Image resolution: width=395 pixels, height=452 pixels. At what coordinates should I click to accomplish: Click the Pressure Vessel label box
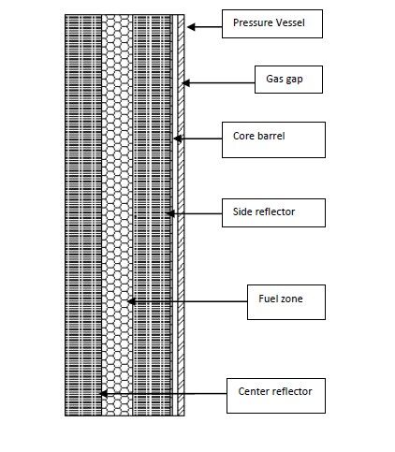click(272, 23)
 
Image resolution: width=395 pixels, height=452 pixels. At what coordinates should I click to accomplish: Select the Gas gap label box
click(288, 80)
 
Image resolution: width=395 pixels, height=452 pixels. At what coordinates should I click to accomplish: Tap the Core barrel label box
click(273, 139)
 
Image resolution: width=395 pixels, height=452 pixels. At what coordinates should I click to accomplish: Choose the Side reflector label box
click(273, 212)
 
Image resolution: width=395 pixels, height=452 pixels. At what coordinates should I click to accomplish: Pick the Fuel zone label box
click(286, 302)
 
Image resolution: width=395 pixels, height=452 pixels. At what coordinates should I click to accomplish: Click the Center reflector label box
click(276, 396)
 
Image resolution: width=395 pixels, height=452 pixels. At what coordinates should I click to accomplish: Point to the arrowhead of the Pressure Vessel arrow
click(191, 27)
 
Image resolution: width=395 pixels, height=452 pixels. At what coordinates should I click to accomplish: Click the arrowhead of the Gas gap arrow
click(185, 83)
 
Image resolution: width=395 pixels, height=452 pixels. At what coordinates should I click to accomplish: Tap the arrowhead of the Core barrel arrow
click(178, 139)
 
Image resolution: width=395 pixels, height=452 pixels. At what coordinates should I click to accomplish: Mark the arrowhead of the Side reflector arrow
click(170, 213)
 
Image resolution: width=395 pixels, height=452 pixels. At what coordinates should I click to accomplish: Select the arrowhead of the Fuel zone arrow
click(131, 301)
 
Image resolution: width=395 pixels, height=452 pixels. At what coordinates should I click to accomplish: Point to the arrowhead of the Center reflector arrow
click(103, 393)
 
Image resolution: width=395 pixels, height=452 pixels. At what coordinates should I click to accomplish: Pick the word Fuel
click(266, 299)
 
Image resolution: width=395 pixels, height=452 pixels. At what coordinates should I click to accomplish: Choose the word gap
click(294, 80)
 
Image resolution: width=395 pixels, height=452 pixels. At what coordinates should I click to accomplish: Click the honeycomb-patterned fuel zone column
click(117, 215)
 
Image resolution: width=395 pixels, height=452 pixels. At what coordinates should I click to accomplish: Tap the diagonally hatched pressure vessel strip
click(181, 215)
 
